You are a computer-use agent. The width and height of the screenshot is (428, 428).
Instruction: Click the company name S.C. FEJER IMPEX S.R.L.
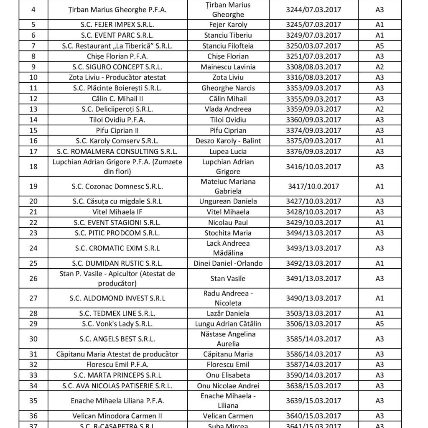pos(117,24)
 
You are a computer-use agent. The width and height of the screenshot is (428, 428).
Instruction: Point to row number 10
pos(34,77)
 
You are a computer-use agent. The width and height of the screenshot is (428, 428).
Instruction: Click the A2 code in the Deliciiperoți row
pos(380,109)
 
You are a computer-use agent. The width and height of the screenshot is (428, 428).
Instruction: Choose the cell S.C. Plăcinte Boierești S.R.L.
pos(117,88)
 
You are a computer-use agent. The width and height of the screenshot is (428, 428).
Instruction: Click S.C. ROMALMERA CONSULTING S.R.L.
pos(117,151)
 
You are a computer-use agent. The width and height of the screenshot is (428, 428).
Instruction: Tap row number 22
pos(34,222)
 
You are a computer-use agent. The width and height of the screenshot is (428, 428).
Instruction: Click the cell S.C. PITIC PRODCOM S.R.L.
pos(117,233)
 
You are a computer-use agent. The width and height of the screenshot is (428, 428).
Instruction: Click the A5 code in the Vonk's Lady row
pos(380,324)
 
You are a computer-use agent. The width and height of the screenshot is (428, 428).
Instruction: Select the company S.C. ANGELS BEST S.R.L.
pos(117,339)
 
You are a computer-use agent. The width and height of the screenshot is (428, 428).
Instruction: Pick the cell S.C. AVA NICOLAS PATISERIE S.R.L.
pos(117,385)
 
